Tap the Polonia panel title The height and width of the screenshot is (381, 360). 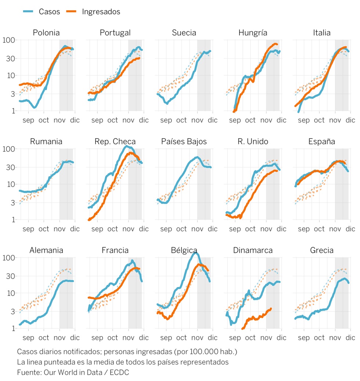point(46,33)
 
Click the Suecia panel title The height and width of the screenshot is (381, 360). point(184,33)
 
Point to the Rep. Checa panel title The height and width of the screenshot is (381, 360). point(115,141)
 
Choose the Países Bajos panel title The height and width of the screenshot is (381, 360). point(184,141)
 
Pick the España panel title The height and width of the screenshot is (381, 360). point(322,141)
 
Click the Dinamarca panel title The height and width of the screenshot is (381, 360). point(253,251)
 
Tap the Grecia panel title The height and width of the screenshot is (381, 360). point(322,251)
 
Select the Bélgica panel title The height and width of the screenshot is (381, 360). point(184,251)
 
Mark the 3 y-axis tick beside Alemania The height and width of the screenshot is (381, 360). point(12,312)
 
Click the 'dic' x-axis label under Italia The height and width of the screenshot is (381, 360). point(350,120)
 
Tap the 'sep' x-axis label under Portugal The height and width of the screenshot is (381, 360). point(97,120)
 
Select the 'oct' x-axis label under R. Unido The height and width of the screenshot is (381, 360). point(251,229)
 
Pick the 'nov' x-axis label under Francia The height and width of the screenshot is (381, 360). point(129,338)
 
